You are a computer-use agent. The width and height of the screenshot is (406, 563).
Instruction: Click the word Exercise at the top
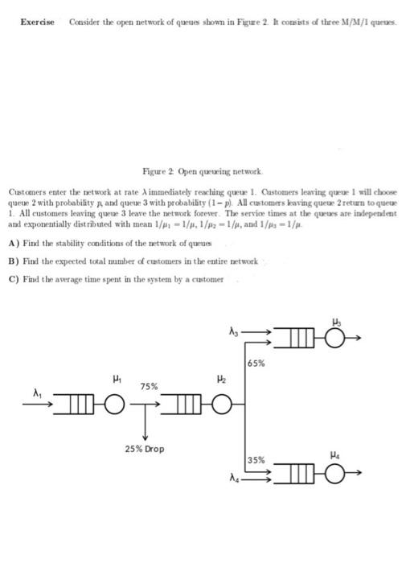pyautogui.click(x=37, y=22)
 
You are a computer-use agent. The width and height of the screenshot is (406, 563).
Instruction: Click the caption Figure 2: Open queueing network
pyautogui.click(x=203, y=171)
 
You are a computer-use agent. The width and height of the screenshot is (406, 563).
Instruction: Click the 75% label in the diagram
pyautogui.click(x=150, y=386)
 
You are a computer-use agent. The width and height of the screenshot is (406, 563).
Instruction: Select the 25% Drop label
pyautogui.click(x=145, y=448)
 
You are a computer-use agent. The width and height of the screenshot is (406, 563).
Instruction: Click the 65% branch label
pyautogui.click(x=259, y=364)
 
